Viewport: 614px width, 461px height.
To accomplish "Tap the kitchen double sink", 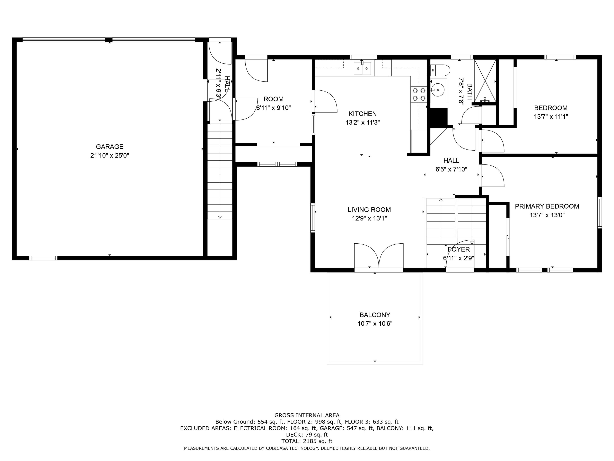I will (x=362, y=69).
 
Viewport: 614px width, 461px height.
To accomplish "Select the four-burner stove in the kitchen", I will (x=419, y=94).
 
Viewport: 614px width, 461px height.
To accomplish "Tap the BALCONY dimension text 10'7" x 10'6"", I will (x=375, y=324).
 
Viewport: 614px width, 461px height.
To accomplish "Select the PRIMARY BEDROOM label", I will (x=547, y=206).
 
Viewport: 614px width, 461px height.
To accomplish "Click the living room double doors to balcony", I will (x=379, y=256).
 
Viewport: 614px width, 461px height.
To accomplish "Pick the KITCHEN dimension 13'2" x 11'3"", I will (x=362, y=122).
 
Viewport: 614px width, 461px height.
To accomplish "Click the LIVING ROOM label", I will (x=369, y=210).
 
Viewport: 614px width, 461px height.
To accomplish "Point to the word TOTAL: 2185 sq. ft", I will (x=307, y=441).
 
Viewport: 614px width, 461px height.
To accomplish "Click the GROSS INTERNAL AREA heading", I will (x=307, y=415).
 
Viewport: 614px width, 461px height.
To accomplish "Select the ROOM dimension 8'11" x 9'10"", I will (x=273, y=108).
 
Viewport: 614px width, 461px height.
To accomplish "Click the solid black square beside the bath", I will (x=439, y=117).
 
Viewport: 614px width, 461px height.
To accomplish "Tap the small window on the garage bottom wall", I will (x=43, y=258).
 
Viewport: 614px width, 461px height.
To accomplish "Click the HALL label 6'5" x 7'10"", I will (x=451, y=160).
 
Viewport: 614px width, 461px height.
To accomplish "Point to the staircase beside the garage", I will (x=220, y=171).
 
